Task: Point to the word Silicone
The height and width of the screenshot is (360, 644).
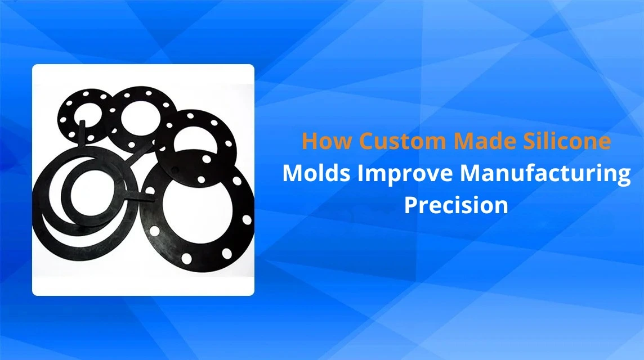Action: click(x=563, y=141)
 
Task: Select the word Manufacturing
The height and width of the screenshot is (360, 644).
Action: click(x=545, y=174)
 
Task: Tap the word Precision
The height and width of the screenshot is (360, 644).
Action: click(x=456, y=205)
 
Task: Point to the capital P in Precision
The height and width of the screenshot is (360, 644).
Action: click(x=412, y=205)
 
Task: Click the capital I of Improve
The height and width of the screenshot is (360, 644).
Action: click(x=361, y=173)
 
